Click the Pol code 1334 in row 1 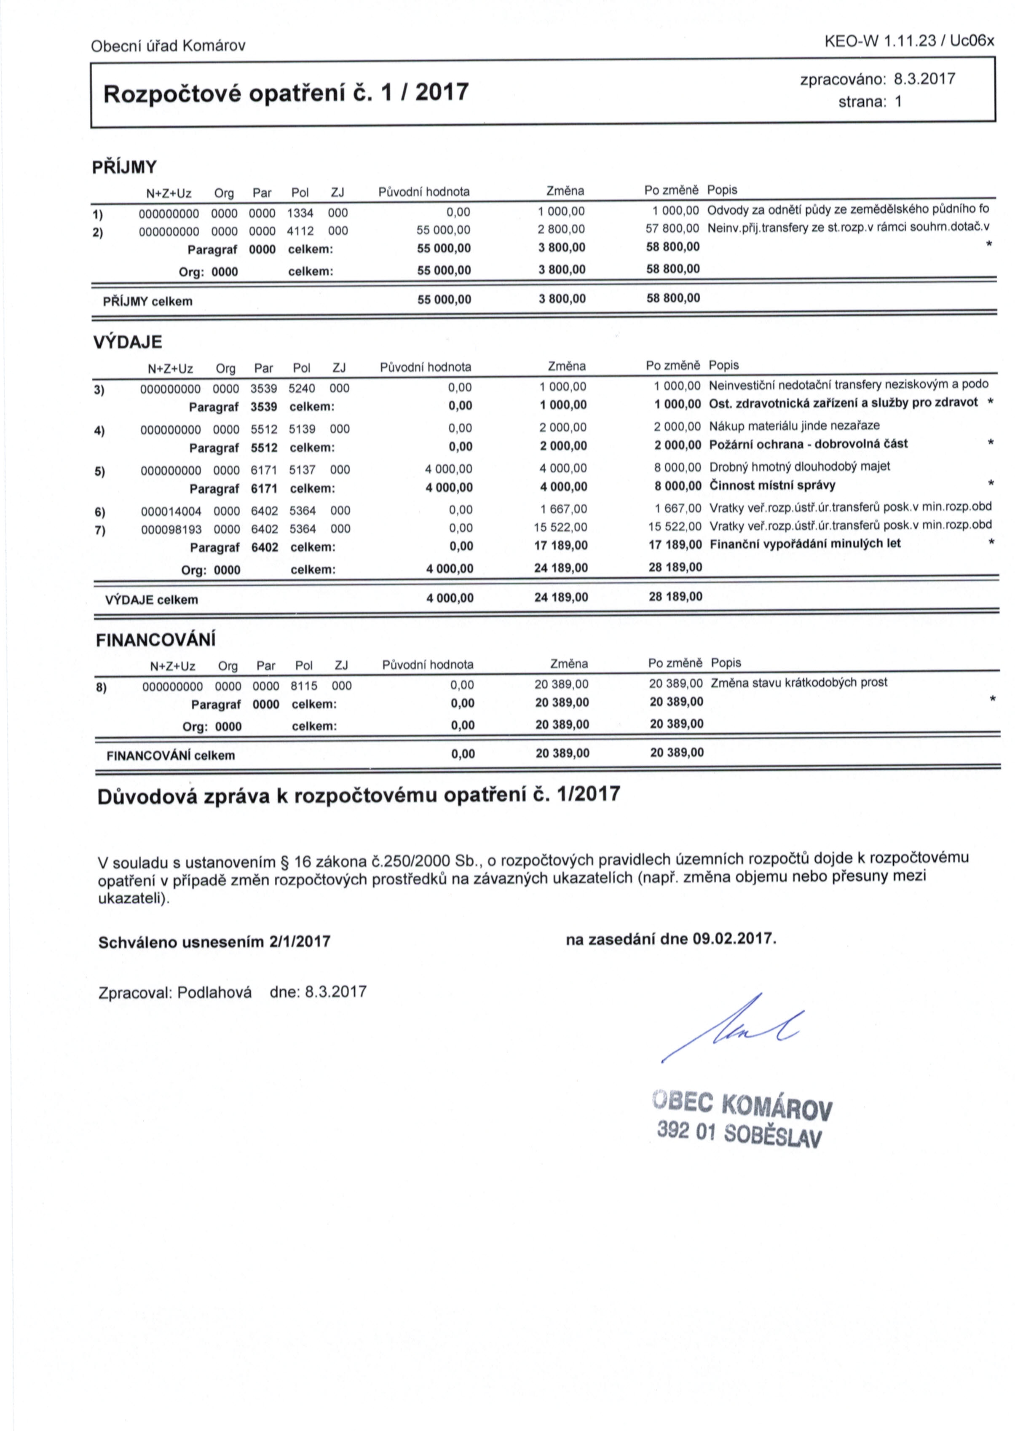300,213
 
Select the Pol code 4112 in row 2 300,230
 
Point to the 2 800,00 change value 561,229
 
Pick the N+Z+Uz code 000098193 171,529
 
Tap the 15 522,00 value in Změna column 561,528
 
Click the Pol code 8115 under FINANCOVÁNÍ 304,686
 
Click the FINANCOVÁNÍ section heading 155,640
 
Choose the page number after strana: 898,102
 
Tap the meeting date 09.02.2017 733,939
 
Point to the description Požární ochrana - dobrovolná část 809,444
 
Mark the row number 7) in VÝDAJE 100,531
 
